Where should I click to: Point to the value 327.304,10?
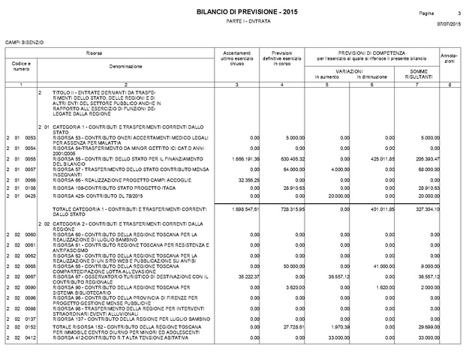coord(424,208)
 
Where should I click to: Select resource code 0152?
coord(31,328)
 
